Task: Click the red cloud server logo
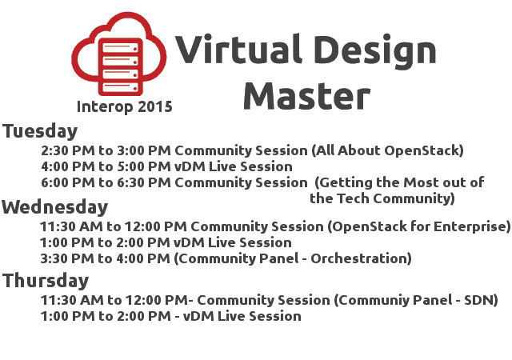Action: coord(119,54)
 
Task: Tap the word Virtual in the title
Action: coord(238,49)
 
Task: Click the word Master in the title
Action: coord(306,96)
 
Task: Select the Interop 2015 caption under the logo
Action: coord(125,106)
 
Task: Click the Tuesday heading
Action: coord(40,131)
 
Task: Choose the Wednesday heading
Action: coord(55,206)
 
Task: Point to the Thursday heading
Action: coord(46,281)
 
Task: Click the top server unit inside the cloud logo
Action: coord(120,48)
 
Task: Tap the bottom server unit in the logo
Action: coord(120,87)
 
